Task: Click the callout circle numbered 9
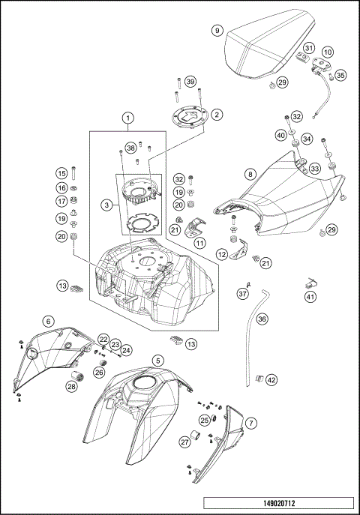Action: (x=217, y=31)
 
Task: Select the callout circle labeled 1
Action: (x=129, y=118)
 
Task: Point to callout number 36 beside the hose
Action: (x=262, y=319)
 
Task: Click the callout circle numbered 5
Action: (x=157, y=361)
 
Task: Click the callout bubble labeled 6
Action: (x=48, y=321)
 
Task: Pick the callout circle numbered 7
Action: (x=251, y=423)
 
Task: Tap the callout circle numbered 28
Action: (x=71, y=387)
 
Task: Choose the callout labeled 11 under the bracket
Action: (x=199, y=244)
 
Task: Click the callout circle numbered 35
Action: (x=340, y=75)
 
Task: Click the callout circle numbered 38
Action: (x=130, y=147)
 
